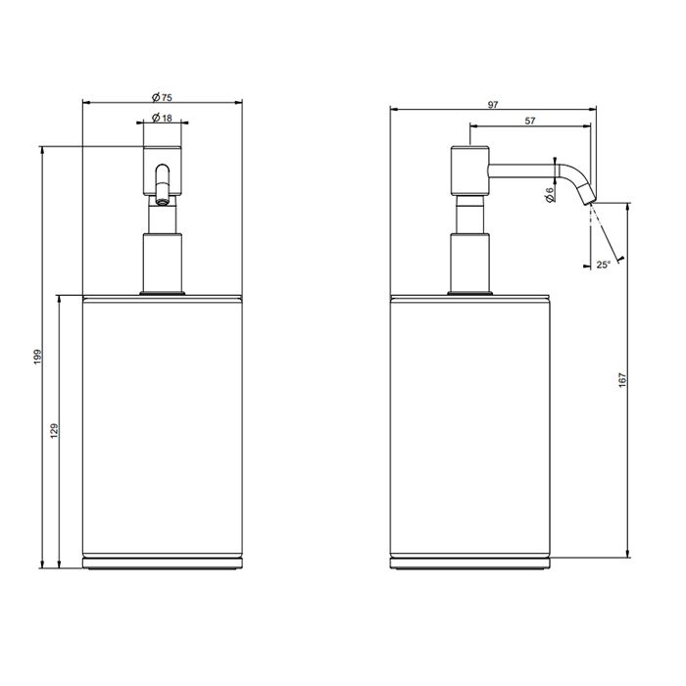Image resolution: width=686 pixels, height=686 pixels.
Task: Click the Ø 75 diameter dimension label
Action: [162, 97]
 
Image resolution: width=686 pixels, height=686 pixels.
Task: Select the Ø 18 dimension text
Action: [162, 118]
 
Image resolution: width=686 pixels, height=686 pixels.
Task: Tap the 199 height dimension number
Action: [37, 357]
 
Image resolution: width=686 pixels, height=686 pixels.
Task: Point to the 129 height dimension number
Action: [54, 431]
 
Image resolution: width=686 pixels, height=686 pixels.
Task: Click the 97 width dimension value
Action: [493, 105]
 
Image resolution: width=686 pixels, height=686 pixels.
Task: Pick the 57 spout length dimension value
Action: [530, 121]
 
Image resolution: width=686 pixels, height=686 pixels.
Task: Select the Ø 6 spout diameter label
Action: [551, 194]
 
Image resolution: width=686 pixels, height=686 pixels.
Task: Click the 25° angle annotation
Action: [603, 265]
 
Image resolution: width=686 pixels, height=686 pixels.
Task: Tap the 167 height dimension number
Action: [623, 380]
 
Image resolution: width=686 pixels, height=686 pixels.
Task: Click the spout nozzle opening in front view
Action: [163, 202]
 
